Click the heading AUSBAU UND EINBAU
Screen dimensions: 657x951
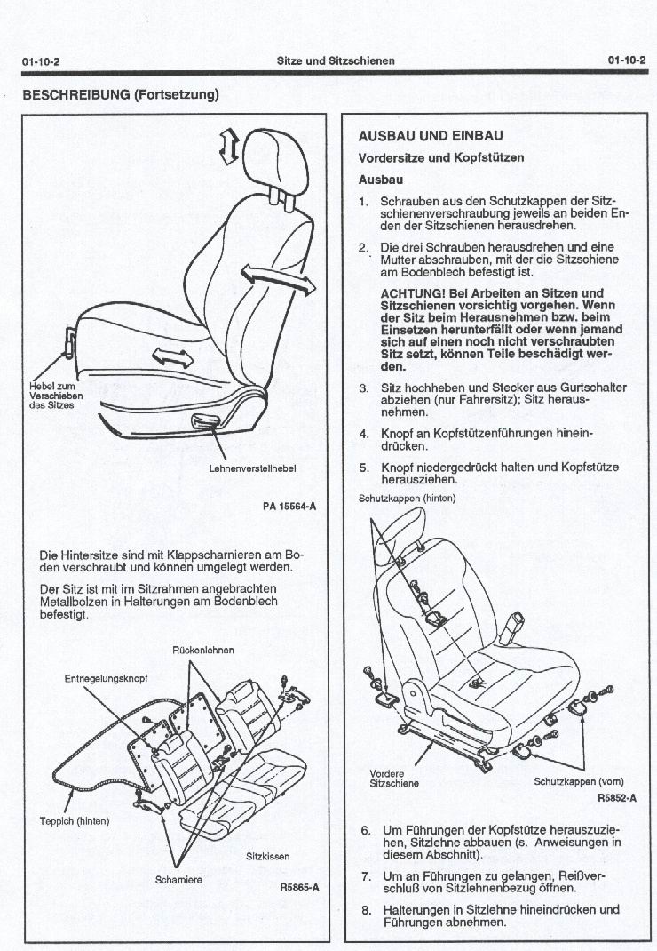point(431,136)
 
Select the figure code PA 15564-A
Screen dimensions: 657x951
point(289,505)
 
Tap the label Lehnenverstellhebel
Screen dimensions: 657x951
point(252,468)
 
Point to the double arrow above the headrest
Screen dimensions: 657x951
point(229,146)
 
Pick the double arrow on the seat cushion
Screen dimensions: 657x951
point(172,356)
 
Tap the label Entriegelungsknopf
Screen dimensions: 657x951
point(106,679)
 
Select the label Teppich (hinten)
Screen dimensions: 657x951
point(75,821)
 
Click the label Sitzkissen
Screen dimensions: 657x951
point(268,857)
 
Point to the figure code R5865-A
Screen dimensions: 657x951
point(299,887)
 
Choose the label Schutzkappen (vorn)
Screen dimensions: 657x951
point(579,782)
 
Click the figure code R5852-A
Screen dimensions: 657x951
point(617,798)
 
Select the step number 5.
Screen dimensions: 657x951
point(364,468)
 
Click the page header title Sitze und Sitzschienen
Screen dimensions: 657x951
point(336,60)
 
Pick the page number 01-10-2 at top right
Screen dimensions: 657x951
point(627,60)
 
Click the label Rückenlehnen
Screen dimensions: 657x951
point(203,651)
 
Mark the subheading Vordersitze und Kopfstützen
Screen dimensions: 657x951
point(441,157)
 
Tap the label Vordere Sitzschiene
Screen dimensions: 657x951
point(394,779)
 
